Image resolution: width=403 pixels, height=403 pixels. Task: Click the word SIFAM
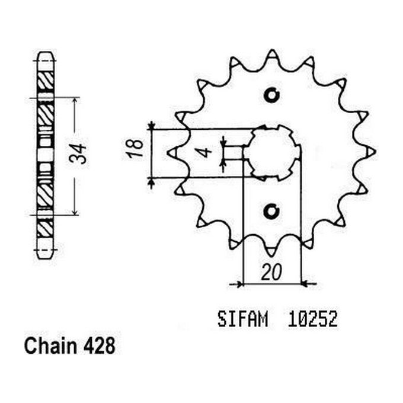pos(239,321)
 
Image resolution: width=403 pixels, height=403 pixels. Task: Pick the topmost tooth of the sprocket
pos(271,55)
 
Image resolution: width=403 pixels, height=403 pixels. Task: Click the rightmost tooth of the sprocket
pos(372,153)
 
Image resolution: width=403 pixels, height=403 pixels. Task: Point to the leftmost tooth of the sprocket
pos(171,153)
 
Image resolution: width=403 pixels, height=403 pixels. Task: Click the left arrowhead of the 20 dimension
pos(239,284)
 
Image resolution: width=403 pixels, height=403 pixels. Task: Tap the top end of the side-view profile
pos(46,55)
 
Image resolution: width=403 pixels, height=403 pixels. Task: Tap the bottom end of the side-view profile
pos(46,255)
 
